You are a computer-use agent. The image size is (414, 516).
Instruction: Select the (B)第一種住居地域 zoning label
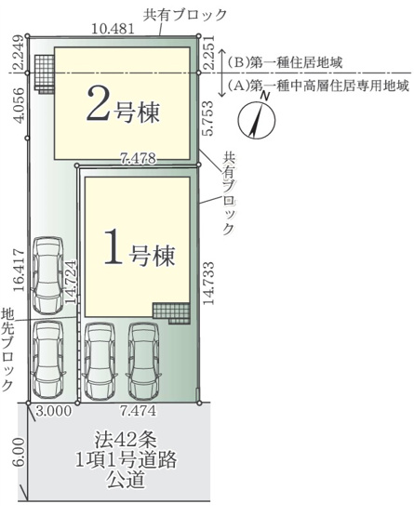(287, 64)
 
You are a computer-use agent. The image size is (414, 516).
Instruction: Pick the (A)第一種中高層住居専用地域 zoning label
(315, 84)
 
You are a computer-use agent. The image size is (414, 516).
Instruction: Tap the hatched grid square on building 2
(43, 73)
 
